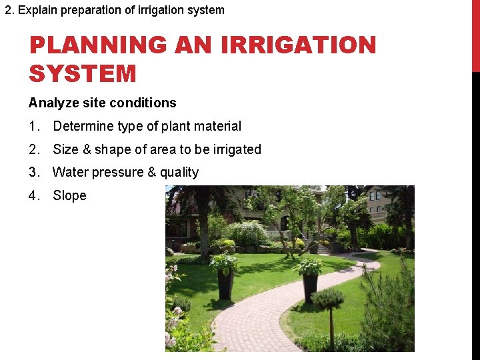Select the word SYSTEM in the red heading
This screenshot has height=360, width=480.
pyautogui.click(x=83, y=73)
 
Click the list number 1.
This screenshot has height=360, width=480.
pyautogui.click(x=34, y=126)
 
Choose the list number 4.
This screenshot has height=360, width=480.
pyautogui.click(x=34, y=195)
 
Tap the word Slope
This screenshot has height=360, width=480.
pyautogui.click(x=69, y=195)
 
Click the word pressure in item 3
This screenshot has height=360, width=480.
pyautogui.click(x=117, y=173)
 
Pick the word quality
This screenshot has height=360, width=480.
pyautogui.click(x=179, y=173)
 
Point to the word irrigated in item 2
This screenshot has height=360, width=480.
pyautogui.click(x=237, y=149)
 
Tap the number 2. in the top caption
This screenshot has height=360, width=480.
pyautogui.click(x=9, y=10)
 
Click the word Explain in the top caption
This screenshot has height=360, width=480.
pyautogui.click(x=37, y=10)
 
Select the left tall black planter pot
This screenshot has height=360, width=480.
pyautogui.click(x=225, y=283)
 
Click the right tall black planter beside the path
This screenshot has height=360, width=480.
pyautogui.click(x=310, y=287)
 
